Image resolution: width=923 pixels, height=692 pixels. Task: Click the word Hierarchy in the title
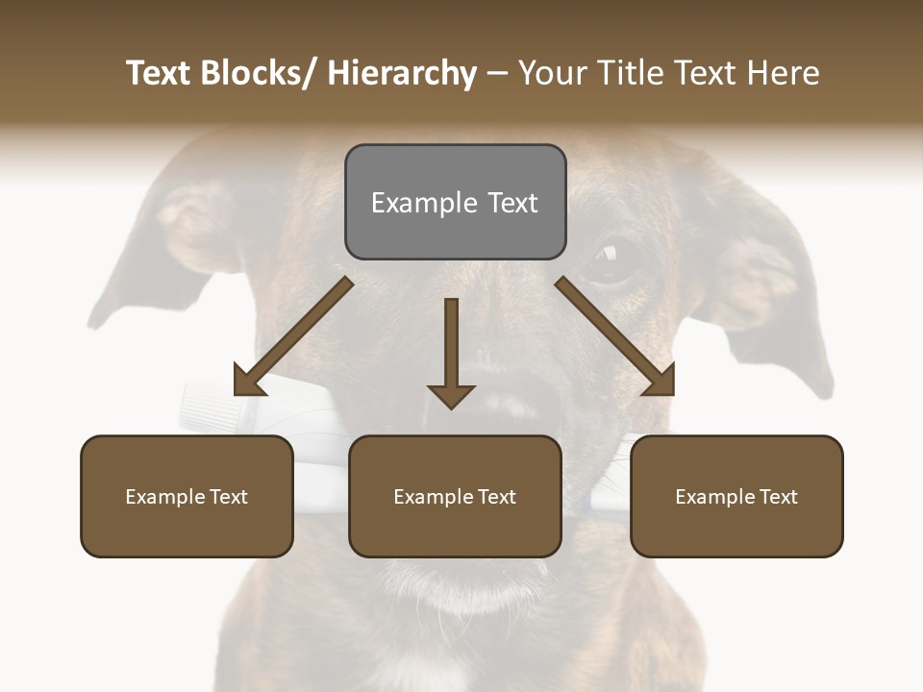pyautogui.click(x=402, y=73)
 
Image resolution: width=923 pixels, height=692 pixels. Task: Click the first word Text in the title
pyautogui.click(x=159, y=73)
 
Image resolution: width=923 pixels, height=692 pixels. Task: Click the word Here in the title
pyautogui.click(x=782, y=73)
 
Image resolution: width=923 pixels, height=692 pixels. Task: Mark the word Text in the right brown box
pyautogui.click(x=778, y=497)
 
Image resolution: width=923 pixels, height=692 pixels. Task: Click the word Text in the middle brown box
pyautogui.click(x=496, y=497)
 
